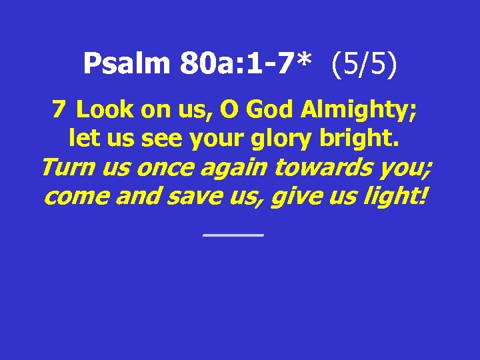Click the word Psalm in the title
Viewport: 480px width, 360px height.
coord(127,64)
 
